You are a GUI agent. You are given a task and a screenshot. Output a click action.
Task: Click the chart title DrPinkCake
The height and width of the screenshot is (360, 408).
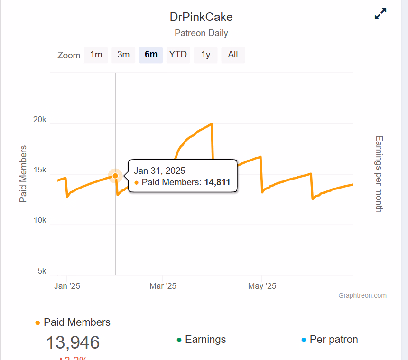pos(201,17)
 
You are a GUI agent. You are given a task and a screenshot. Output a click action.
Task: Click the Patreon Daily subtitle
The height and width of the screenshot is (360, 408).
pos(201,33)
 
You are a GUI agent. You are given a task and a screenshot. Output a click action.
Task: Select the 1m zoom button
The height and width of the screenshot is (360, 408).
pos(96,55)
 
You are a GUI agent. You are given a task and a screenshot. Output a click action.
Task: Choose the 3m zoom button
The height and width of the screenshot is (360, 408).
pos(123,55)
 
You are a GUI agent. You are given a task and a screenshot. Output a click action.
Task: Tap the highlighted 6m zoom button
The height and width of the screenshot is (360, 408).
pos(151,55)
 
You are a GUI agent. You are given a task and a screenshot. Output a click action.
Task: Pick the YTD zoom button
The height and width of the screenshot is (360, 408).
pos(178,55)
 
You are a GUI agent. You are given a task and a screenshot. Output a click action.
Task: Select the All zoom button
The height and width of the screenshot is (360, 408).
pos(232,55)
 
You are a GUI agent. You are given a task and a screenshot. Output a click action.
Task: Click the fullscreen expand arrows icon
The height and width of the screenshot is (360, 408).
pos(380,14)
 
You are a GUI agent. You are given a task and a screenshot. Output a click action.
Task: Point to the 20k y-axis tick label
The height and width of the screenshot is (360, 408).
pos(39,120)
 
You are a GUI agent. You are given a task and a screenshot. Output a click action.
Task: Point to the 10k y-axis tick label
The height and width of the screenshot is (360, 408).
pos(39,220)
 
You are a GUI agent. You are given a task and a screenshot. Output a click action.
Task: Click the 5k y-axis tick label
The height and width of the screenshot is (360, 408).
pos(42,271)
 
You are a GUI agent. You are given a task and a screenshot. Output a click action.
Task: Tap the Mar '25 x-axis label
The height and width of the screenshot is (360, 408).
pos(163,286)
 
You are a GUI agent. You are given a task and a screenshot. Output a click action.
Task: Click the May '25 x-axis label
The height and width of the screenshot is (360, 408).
pos(262,286)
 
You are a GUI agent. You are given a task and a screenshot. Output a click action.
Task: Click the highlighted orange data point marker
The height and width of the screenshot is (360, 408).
pos(115,176)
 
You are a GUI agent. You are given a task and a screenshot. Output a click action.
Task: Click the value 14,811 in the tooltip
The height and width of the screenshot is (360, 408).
pos(217,182)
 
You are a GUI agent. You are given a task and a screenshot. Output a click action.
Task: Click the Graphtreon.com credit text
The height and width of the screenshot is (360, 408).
pos(362,295)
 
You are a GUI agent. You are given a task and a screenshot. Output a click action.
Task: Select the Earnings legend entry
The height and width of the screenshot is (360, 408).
pos(205,340)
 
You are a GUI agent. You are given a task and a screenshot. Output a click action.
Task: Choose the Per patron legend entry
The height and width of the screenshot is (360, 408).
pos(333,340)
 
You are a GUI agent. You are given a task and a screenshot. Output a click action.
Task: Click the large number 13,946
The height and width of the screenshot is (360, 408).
pos(73,342)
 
